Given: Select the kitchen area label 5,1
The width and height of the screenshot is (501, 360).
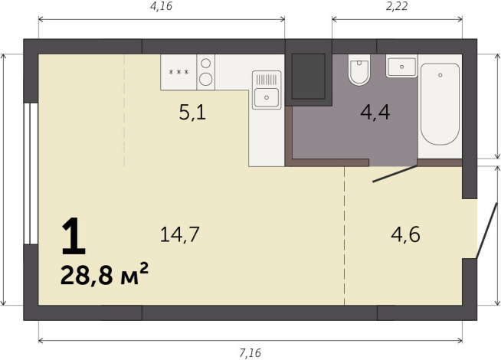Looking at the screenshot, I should point(192,114).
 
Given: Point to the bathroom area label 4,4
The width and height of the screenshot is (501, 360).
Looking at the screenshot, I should point(375,113).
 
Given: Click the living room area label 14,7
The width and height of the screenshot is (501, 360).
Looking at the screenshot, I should point(180,234).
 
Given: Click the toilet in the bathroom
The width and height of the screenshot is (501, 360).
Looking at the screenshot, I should point(359,71).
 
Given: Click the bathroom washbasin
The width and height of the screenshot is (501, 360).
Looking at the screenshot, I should point(401,67).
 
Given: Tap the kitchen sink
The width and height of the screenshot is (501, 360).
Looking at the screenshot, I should point(266,97).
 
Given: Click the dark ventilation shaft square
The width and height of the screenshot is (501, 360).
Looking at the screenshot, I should point(309,77).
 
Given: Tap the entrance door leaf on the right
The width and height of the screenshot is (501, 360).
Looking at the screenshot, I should point(483,231).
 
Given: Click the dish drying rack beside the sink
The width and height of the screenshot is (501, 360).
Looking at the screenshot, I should point(266,78).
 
